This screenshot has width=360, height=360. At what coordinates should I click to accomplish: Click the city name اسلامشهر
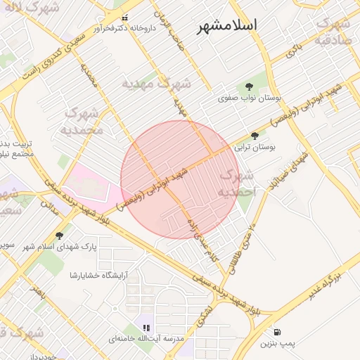click(x=226, y=25)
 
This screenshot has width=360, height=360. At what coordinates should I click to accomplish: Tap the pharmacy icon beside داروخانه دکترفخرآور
click(x=125, y=18)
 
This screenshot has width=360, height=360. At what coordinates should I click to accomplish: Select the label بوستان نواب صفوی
click(x=246, y=99)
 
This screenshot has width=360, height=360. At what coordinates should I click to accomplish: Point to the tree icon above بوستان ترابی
click(x=255, y=136)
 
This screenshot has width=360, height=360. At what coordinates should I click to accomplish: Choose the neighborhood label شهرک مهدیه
click(x=156, y=84)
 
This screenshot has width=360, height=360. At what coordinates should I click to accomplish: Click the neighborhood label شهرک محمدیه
click(x=82, y=120)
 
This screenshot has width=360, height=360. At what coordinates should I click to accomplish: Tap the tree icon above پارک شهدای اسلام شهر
click(x=59, y=236)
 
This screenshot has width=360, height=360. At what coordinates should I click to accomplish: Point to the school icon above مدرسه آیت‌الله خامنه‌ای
click(x=146, y=328)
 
